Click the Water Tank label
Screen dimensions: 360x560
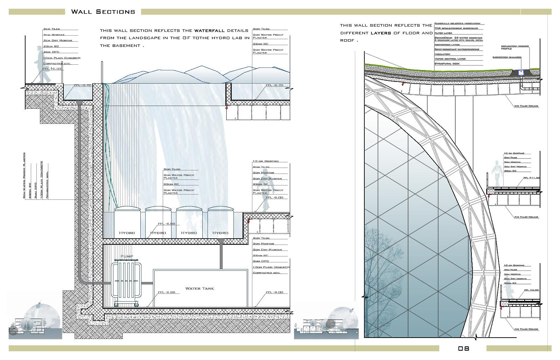coord(199,289)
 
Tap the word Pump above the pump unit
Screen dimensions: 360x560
coord(127,256)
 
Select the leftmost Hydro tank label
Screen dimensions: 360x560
coord(127,233)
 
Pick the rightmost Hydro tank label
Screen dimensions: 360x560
coord(220,233)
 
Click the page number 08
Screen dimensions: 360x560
coord(463,348)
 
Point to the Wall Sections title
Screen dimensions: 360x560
coord(103,12)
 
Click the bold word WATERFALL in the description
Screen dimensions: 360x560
coord(210,30)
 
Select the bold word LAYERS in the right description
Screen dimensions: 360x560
coord(381,33)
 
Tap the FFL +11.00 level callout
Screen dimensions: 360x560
coord(531,178)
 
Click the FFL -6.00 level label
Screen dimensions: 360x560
coord(166,224)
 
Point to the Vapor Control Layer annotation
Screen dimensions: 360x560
coord(450,59)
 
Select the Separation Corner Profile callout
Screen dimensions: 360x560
coord(514,47)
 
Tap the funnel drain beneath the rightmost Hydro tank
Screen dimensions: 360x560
coord(221,241)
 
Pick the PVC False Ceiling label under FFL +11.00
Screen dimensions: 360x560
coord(526,217)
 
